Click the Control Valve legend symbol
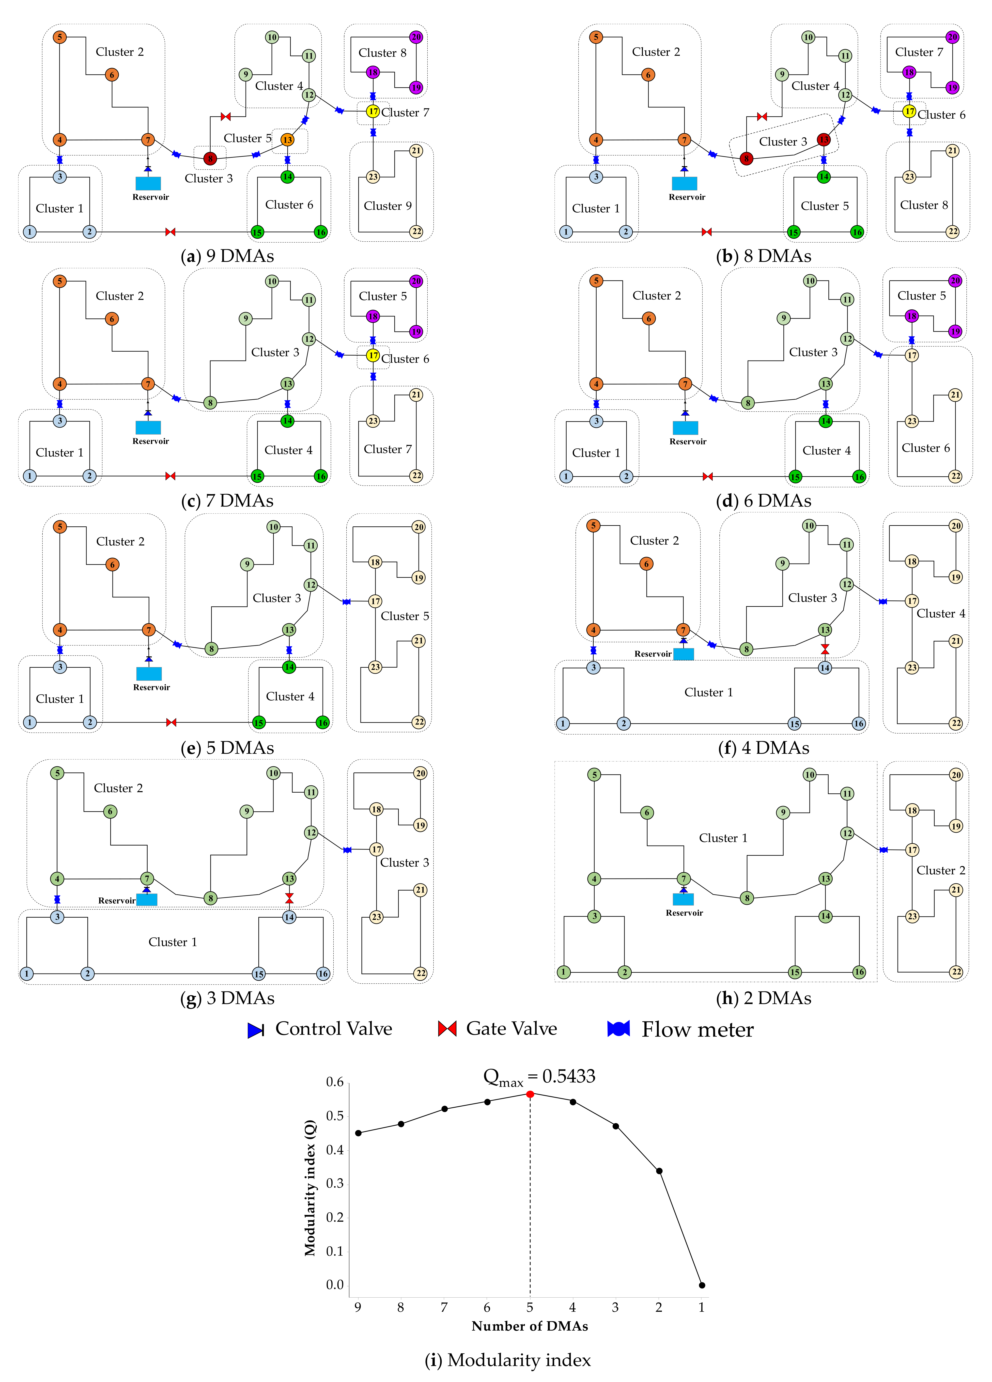pyautogui.click(x=255, y=1030)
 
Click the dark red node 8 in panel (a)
pyautogui.click(x=210, y=158)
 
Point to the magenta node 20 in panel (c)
pyautogui.click(x=416, y=281)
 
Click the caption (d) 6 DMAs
pyautogui.click(x=763, y=501)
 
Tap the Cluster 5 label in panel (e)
pyautogui.click(x=405, y=616)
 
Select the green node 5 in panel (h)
pyautogui.click(x=594, y=774)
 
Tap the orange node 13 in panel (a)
pyautogui.click(x=287, y=140)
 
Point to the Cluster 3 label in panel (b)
pyautogui.click(x=783, y=141)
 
